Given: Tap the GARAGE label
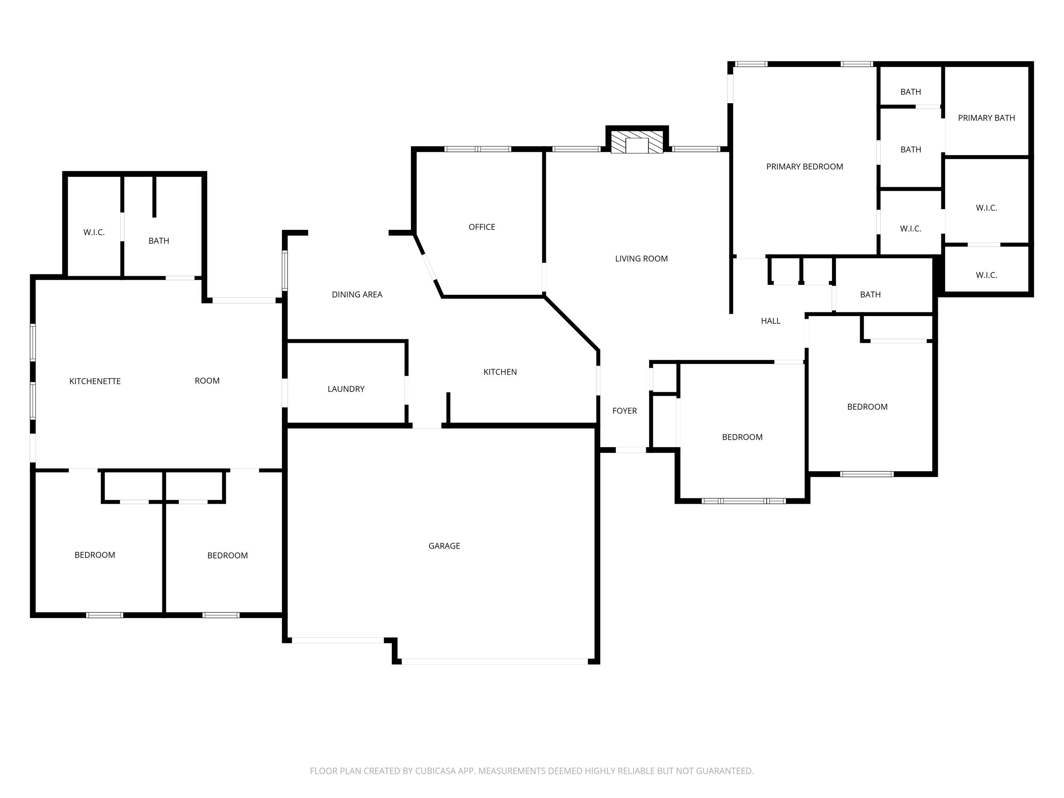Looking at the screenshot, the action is pos(444,545).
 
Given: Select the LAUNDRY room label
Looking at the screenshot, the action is pos(346,389).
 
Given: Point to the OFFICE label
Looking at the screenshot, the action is pos(482,227).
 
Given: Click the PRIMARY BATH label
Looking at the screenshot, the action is pos(986,118).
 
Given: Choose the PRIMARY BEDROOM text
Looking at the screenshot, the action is pos(804,166).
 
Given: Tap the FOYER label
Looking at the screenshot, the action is pos(624,410).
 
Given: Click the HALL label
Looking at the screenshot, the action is pos(771,321).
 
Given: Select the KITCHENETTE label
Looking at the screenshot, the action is pos(95,381).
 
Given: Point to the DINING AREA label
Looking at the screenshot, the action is pos(357,294).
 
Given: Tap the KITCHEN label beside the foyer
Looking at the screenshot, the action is pos(500,372).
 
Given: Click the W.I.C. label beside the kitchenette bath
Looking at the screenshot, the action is pos(94,232).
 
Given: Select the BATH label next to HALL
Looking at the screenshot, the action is pos(870,294).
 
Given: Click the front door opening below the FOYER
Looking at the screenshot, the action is pos(631,450).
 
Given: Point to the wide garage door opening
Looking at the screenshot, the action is pos(494,662).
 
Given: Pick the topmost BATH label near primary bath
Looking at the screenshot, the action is pos(910,92).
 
